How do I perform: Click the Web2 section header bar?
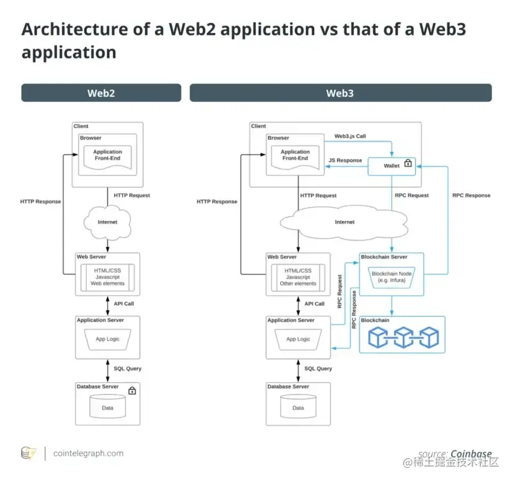click(x=101, y=93)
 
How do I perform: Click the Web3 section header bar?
click(x=340, y=93)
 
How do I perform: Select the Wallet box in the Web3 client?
click(x=392, y=166)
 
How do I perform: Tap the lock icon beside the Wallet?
click(x=408, y=164)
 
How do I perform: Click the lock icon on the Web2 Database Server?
click(x=132, y=390)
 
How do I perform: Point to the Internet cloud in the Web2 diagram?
click(x=107, y=222)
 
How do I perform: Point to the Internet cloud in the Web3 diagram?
click(x=344, y=222)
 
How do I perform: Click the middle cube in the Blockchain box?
click(x=403, y=337)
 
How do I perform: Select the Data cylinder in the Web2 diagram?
click(x=107, y=407)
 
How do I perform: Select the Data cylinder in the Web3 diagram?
click(x=298, y=407)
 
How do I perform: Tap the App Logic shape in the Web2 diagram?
click(x=107, y=339)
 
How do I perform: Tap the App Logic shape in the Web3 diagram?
click(x=298, y=339)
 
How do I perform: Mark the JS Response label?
click(x=344, y=160)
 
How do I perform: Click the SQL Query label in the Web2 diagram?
click(x=127, y=368)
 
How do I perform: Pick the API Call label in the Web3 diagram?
click(x=314, y=304)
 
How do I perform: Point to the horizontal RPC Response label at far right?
click(x=471, y=195)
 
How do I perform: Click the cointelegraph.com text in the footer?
click(x=88, y=453)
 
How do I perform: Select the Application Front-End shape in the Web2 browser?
click(x=107, y=155)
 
